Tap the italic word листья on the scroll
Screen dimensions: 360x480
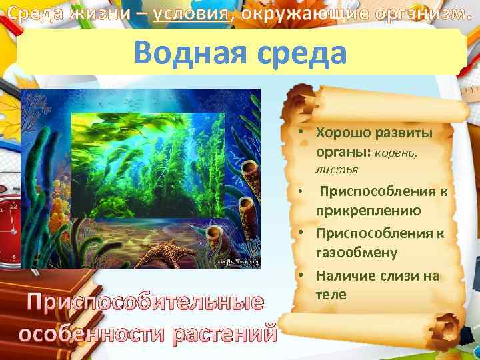click(x=337, y=170)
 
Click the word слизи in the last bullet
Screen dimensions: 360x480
click(x=395, y=275)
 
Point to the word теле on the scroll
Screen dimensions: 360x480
click(x=331, y=294)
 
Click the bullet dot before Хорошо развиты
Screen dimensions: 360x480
click(x=302, y=132)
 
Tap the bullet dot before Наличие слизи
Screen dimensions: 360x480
click(x=302, y=275)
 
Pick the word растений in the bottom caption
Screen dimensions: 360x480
click(x=224, y=332)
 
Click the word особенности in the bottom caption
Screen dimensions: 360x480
click(x=93, y=332)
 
